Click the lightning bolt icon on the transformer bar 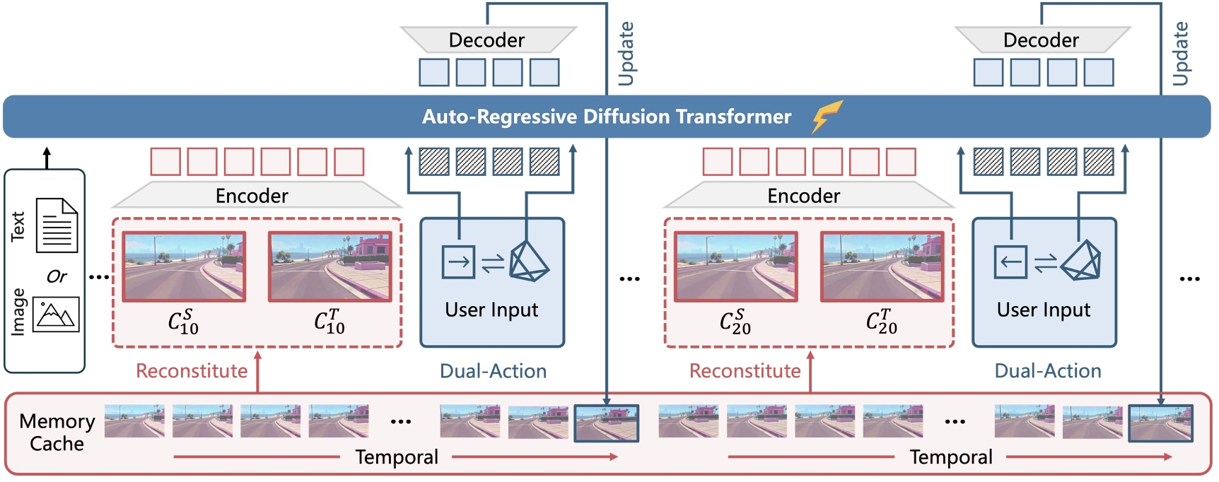point(827,116)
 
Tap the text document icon point(57,225)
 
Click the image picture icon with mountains point(57,314)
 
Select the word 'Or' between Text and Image point(57,276)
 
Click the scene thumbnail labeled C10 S point(184,266)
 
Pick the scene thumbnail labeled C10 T point(329,266)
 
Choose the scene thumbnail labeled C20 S point(735,266)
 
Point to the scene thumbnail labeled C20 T point(882,266)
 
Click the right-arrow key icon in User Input point(458,262)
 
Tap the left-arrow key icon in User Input point(1010,262)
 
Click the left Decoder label point(486,40)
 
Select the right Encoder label point(803,196)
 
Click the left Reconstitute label point(192,371)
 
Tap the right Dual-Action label point(1047,371)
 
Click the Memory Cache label point(57,432)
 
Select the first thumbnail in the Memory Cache point(134,421)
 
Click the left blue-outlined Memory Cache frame point(606,423)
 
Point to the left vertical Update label point(626,53)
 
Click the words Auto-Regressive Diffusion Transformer point(606,117)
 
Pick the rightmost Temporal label point(950,457)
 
